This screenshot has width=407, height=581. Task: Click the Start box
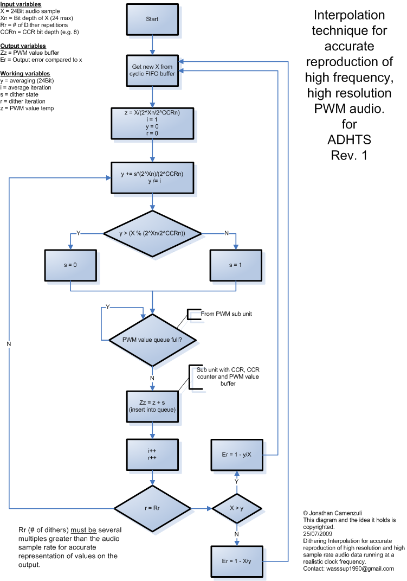coord(152,19)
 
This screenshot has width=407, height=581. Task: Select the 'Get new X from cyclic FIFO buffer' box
coord(152,70)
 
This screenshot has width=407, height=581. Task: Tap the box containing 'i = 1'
coord(152,124)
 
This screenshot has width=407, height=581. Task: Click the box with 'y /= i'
coord(152,177)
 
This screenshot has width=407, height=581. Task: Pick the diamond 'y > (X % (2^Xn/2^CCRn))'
coord(152,233)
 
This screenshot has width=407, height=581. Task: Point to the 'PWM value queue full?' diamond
coord(152,340)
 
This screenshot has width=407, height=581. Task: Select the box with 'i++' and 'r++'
coord(152,454)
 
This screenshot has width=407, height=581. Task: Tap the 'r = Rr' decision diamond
coord(152,508)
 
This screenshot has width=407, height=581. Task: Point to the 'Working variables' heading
coord(25,73)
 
